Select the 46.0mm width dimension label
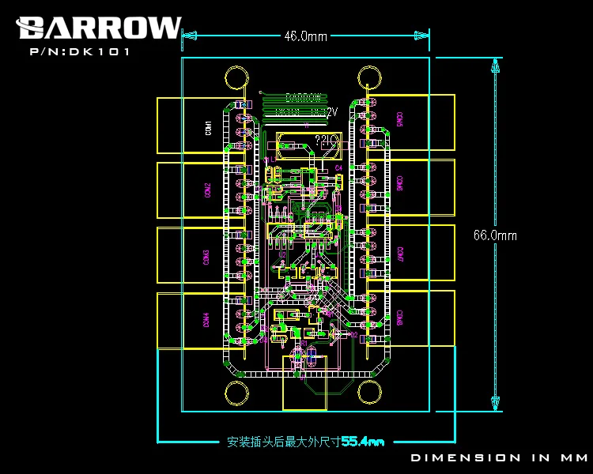305,36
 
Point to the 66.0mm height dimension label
495,235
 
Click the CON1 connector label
208,126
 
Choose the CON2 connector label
208,190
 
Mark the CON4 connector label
206,320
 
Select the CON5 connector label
400,118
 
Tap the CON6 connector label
401,183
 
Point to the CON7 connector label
401,254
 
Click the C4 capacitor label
338,167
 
